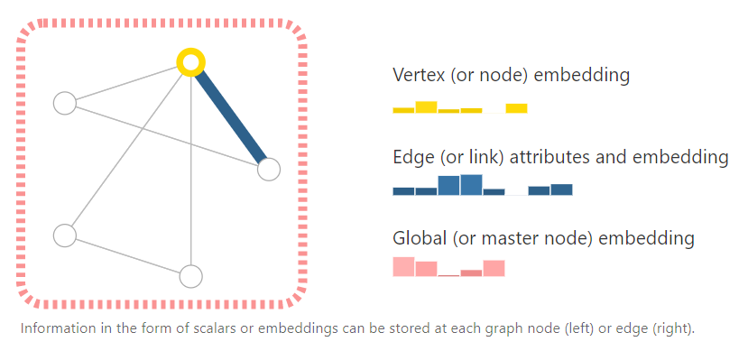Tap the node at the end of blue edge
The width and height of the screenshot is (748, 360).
(x=268, y=169)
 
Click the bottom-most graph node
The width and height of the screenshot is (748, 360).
(x=190, y=276)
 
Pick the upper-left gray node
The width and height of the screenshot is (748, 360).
(x=64, y=103)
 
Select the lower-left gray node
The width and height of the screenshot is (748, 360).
(x=64, y=235)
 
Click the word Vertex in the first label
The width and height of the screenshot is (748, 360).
(x=419, y=75)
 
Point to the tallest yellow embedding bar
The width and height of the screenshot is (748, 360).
(x=426, y=107)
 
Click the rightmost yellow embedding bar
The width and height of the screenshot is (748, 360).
(x=516, y=108)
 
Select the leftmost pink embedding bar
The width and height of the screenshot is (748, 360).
(x=403, y=267)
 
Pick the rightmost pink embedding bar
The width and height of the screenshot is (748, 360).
(x=494, y=268)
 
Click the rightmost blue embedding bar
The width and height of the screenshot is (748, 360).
(x=561, y=189)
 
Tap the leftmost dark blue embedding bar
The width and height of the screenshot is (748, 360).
(x=403, y=191)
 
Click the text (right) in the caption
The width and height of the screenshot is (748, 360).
(x=672, y=328)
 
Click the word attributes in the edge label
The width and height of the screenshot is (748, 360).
(x=552, y=157)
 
